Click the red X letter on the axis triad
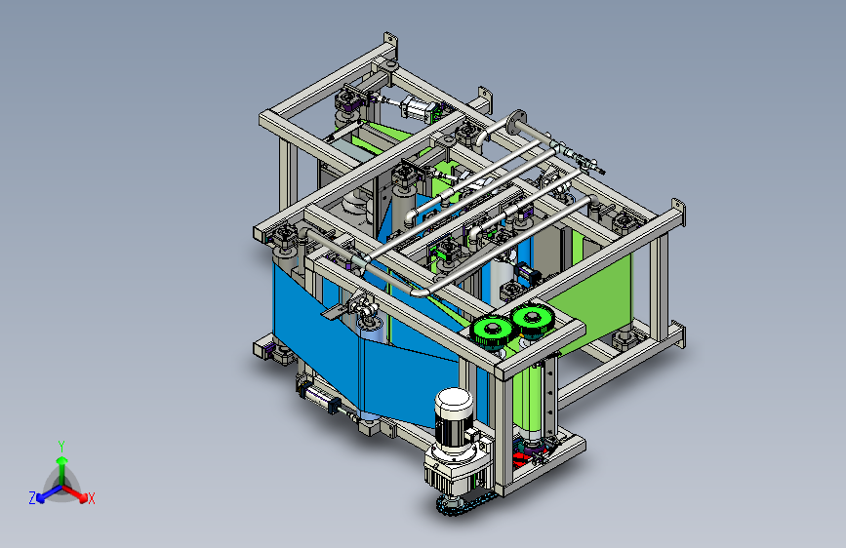91,499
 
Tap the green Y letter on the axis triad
61,446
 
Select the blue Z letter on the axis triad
32,498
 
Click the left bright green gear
492,331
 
